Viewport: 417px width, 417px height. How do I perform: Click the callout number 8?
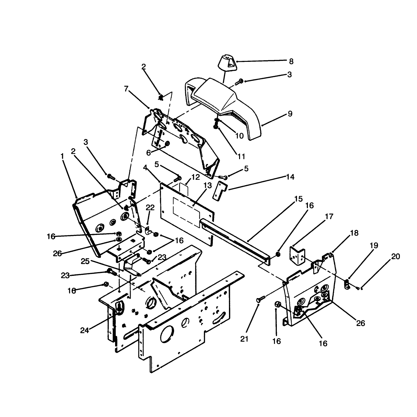[291, 62]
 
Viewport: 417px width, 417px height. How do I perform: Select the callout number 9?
[290, 114]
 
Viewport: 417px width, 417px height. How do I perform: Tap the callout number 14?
[290, 177]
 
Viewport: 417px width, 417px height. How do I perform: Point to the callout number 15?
[298, 199]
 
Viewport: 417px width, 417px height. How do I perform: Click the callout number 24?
[84, 330]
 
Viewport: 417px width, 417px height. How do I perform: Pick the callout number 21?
[244, 339]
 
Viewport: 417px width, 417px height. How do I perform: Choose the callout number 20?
[395, 257]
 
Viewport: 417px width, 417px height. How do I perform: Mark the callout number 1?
[62, 156]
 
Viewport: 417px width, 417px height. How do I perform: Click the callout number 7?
[126, 88]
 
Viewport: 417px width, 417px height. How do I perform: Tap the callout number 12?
[195, 177]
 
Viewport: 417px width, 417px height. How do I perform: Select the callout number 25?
[85, 261]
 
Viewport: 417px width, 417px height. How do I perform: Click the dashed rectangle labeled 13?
[186, 212]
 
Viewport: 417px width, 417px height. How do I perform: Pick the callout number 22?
[150, 207]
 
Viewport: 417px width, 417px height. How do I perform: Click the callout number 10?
[239, 136]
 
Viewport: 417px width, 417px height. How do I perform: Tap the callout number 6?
[148, 153]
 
